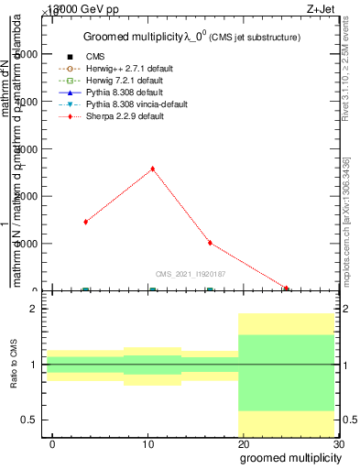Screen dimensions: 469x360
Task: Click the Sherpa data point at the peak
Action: click(x=152, y=169)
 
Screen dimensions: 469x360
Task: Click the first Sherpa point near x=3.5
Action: click(x=85, y=222)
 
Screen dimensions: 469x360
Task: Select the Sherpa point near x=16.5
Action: click(x=210, y=243)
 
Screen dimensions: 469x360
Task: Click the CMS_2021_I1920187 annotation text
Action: click(x=191, y=274)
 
